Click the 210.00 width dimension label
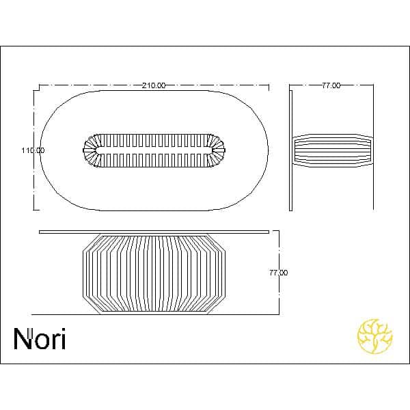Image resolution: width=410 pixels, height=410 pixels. (154, 85)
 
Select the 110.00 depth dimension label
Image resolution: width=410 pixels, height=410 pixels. (33, 150)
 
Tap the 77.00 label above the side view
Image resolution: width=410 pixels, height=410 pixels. (331, 85)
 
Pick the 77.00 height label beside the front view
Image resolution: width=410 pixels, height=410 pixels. (279, 273)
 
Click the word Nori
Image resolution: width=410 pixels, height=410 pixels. (40, 339)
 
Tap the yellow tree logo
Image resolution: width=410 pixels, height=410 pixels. (375, 336)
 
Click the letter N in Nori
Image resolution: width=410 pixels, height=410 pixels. (23, 339)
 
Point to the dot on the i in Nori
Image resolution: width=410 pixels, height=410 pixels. (63, 330)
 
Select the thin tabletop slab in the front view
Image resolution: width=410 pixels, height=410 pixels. (154, 232)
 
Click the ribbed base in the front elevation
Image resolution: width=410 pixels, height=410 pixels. (154, 274)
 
